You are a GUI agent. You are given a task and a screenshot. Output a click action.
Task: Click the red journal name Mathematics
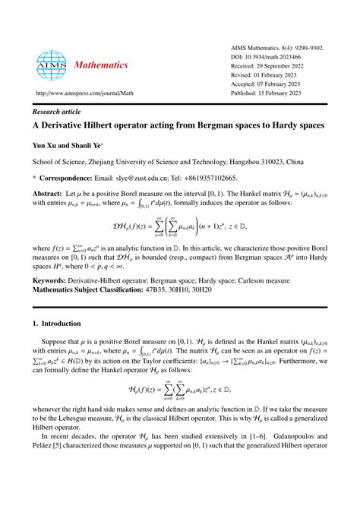point(101,65)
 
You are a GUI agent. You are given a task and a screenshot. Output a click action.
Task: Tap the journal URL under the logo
point(79,94)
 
